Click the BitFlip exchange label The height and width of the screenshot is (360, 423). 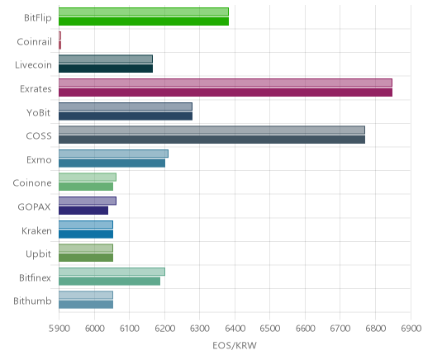point(38,18)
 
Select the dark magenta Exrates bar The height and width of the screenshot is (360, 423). point(226,92)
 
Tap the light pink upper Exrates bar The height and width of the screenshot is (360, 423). point(226,83)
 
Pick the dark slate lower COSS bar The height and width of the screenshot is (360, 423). point(211,140)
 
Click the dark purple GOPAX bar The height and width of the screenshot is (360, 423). point(83,211)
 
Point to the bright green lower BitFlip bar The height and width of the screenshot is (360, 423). point(144,21)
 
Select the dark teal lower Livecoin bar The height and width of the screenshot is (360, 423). point(106,69)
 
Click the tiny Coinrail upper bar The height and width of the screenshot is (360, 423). point(59,36)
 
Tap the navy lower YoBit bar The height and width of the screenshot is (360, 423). point(126,116)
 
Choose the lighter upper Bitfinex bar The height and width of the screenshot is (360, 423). point(112,272)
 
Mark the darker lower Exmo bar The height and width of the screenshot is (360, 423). point(112,163)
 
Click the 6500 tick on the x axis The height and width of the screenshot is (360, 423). point(269,329)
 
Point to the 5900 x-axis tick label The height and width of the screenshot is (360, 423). point(59,329)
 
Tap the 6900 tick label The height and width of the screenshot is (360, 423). point(411,329)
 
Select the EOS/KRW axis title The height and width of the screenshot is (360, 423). point(235,345)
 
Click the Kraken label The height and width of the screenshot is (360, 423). point(36,230)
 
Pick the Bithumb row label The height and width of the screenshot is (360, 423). point(32,301)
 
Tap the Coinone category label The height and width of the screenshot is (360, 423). point(32,183)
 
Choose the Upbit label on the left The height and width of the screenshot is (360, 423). point(39,254)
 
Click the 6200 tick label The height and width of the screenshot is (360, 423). point(164,329)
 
